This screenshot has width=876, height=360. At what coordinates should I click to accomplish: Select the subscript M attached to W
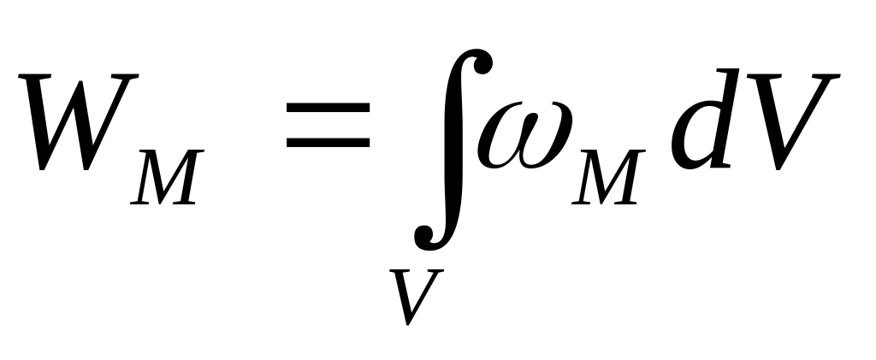tap(163, 178)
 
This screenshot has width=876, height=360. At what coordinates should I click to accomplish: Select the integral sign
tap(451, 145)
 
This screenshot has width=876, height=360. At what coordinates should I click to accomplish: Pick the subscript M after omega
tap(607, 178)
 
